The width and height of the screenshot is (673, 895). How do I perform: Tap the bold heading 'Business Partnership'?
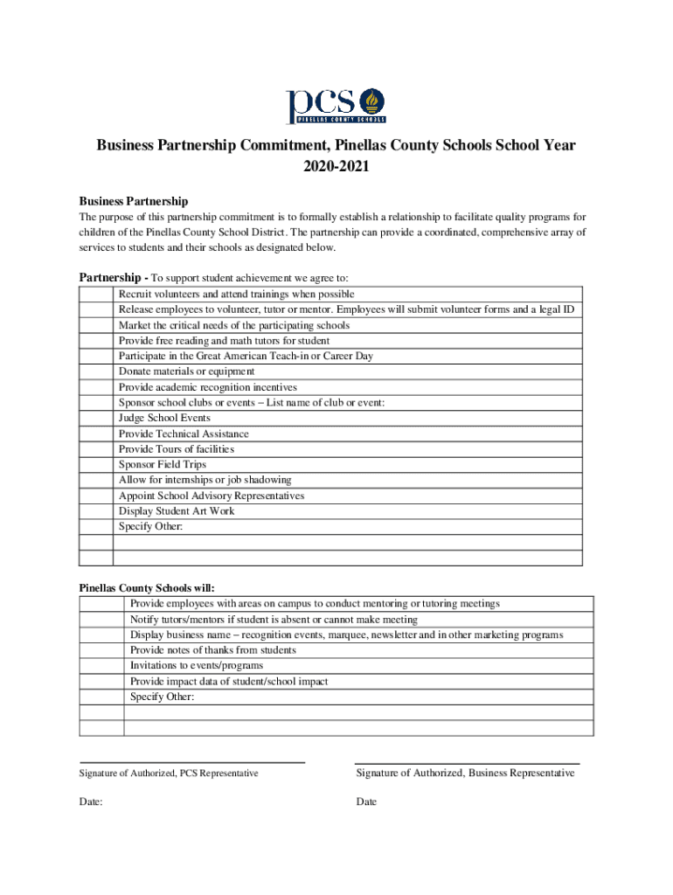(134, 201)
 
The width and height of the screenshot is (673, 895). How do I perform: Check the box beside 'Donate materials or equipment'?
(96, 371)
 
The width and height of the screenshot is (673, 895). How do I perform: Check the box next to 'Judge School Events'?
(96, 418)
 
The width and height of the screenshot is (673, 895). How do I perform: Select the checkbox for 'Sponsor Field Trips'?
(96, 464)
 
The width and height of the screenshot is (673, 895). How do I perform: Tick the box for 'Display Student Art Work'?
(96, 510)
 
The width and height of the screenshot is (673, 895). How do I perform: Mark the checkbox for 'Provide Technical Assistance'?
(96, 434)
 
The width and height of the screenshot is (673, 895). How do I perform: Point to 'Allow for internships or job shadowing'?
(205, 480)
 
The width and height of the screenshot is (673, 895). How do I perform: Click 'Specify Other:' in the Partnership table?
(151, 526)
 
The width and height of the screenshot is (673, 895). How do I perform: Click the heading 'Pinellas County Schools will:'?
(147, 588)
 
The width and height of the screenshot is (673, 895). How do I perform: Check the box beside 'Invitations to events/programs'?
(101, 665)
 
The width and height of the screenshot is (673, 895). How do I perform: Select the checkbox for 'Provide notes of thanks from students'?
(101, 650)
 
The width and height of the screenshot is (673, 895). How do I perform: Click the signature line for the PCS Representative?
(192, 761)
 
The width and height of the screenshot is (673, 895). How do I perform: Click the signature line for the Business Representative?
(467, 761)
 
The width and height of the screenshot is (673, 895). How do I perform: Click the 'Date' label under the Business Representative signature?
(366, 801)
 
